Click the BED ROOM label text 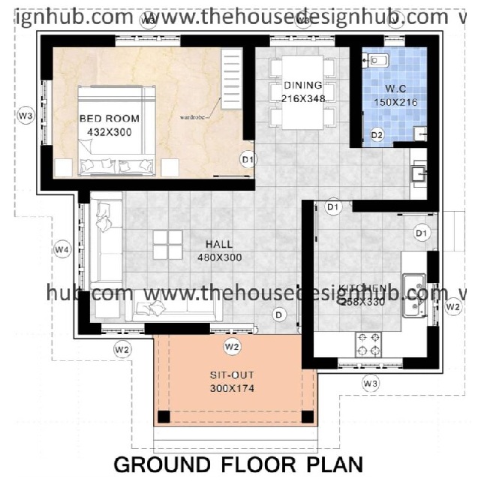pos(110,119)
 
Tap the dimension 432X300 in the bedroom pos(110,132)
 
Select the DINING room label pos(302,85)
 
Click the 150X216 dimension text pos(395,102)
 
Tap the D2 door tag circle pos(377,135)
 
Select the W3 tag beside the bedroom pos(26,116)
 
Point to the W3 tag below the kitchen pos(369,384)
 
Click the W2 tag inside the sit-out pos(232,347)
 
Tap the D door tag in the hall pos(280,315)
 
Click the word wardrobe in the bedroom pos(193,117)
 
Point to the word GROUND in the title pos(162,465)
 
